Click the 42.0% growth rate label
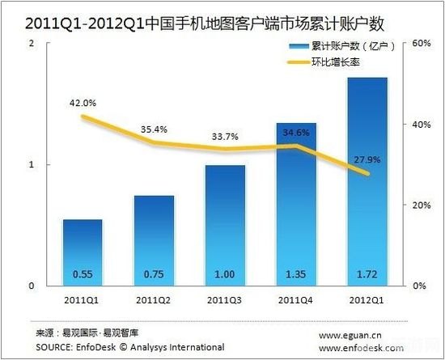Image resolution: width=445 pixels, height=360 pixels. [83, 103]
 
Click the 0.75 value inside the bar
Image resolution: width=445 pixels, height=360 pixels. [154, 274]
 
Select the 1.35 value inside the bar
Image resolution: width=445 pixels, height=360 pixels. [296, 274]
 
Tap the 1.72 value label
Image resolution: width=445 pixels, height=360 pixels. [367, 274]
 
